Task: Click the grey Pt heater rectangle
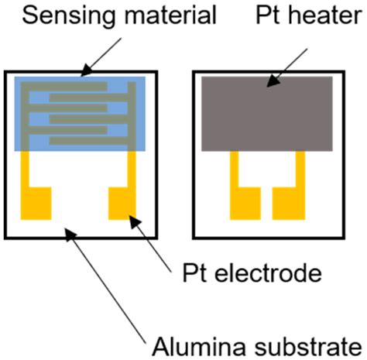[x=266, y=113]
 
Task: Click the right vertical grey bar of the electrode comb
[x=132, y=116]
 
